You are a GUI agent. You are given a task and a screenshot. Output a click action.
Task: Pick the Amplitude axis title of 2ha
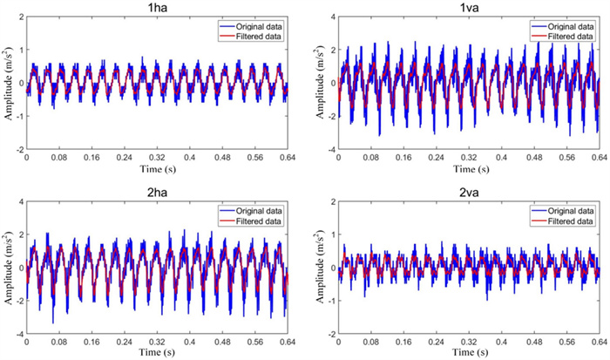click(7, 266)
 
